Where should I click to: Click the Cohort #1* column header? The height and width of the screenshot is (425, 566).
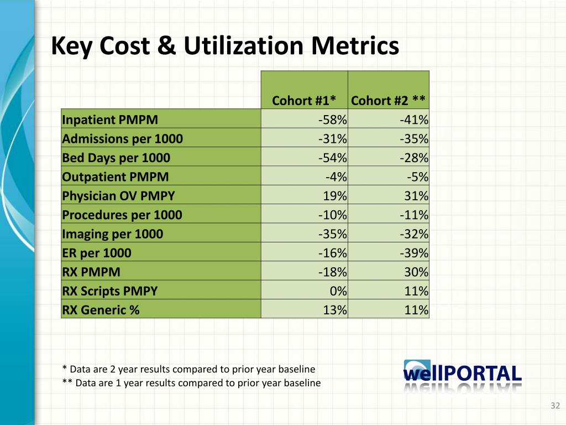pos(304,100)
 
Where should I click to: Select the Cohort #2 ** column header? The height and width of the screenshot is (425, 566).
pos(388,100)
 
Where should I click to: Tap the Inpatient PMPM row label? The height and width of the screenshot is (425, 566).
pos(110,120)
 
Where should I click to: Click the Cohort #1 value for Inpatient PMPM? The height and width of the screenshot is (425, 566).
pos(333,120)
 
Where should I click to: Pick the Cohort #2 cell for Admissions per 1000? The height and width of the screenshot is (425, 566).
pos(415,139)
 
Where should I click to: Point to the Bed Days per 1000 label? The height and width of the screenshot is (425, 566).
pos(116,158)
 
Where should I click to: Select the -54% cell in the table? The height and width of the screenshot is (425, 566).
pos(333,158)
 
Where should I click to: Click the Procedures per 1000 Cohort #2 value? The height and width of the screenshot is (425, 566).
pos(415,215)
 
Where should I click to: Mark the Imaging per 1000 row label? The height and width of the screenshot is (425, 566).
pos(113,234)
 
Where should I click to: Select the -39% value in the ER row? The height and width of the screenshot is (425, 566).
pos(415,253)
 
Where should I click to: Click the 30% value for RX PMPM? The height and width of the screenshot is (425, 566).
pos(417,272)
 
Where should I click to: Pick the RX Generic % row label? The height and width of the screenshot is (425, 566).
pos(101,310)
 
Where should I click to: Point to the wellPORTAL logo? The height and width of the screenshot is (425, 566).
pos(463,375)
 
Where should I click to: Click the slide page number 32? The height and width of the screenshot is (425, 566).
pos(555,407)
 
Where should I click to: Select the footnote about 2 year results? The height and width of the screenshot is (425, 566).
pos(189,369)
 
